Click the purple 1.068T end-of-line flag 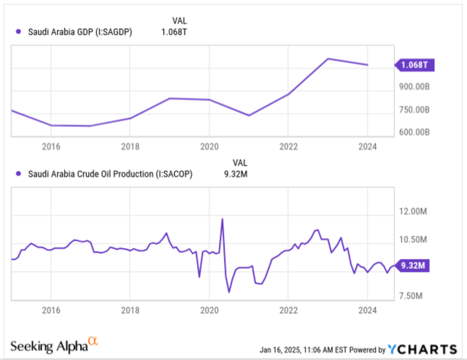pos(415,65)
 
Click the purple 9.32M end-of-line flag pos(415,266)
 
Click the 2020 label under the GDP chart pos(209,146)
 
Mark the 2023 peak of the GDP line pos(329,58)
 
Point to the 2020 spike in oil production pos(222,219)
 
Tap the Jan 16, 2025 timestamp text pos(306,348)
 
